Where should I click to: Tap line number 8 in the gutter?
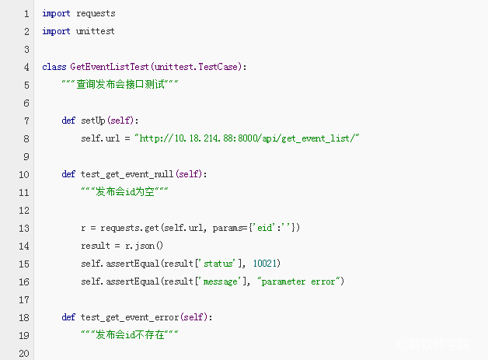[x=26, y=138]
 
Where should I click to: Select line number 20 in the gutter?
[x=23, y=353]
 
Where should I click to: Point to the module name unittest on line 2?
[x=96, y=31]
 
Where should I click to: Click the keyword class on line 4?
[x=54, y=67]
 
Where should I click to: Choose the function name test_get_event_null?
[x=129, y=174]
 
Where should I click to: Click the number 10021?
[x=267, y=264]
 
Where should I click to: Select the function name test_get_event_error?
[x=131, y=317]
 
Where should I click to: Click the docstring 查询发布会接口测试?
[x=120, y=85]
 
